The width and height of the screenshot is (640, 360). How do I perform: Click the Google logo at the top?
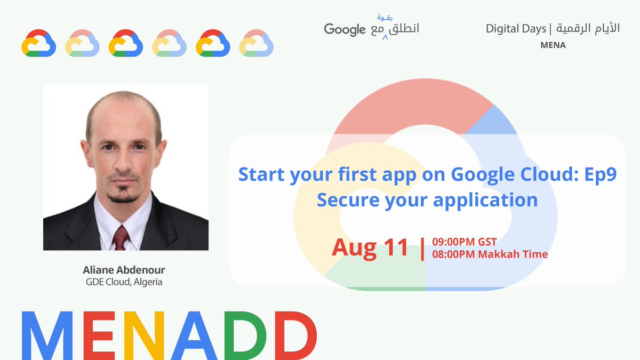(345, 29)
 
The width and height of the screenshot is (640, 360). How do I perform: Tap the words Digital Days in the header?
(516, 29)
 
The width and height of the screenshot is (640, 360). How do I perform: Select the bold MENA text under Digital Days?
(553, 45)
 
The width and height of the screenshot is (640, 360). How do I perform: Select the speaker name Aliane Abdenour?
(124, 270)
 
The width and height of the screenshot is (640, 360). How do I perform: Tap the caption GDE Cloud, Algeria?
(124, 282)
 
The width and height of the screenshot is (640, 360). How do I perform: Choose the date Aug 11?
(370, 247)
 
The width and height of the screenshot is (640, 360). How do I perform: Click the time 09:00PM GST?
(464, 242)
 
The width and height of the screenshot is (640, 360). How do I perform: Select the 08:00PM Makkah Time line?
(490, 254)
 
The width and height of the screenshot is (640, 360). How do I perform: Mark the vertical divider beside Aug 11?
(423, 248)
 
